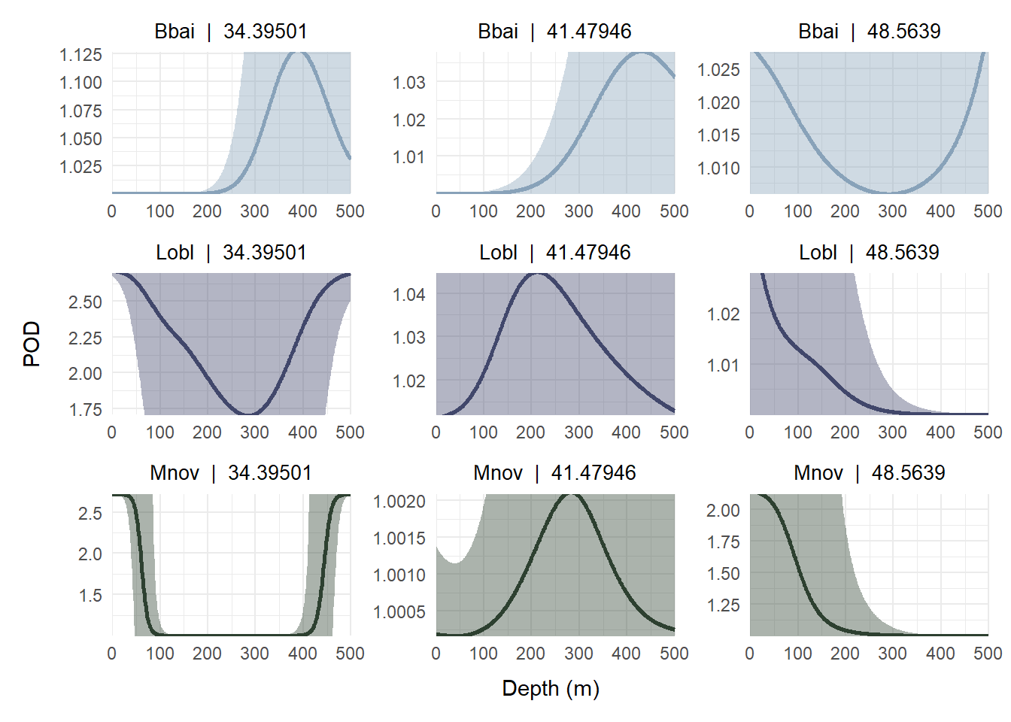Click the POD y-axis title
point(32,344)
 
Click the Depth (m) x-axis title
point(551,688)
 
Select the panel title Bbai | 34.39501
point(231,32)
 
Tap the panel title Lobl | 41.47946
point(555,253)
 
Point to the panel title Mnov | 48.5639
point(869,473)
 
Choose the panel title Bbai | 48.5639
point(869,32)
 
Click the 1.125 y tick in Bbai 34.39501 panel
point(80,55)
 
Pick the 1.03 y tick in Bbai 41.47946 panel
point(408,82)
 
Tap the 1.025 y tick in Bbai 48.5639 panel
point(718,70)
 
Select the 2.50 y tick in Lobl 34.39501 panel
point(85,302)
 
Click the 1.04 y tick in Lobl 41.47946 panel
point(408,295)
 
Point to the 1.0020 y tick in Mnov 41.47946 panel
point(399,502)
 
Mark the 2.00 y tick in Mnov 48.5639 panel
point(723,511)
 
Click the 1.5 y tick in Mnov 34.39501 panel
point(90,596)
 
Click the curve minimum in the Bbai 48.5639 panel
point(888,193)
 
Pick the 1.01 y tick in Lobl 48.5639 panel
point(723,366)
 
